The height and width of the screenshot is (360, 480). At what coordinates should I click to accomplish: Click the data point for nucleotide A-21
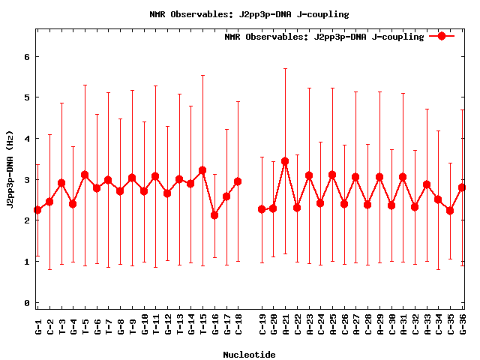[285, 161]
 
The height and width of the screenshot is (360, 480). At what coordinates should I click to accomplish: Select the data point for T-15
[202, 170]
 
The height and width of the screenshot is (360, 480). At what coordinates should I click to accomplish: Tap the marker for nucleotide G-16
[214, 215]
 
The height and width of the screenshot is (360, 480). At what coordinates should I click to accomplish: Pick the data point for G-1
[37, 210]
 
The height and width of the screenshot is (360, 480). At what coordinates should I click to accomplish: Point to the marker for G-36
[462, 187]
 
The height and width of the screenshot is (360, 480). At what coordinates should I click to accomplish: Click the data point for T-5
[85, 175]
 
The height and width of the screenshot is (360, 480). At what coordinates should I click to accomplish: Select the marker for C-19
[262, 209]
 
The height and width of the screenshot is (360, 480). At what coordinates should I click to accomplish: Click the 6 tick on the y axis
[27, 56]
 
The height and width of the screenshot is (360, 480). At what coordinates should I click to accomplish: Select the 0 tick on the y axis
[27, 303]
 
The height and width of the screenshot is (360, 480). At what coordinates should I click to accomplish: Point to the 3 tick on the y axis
[27, 180]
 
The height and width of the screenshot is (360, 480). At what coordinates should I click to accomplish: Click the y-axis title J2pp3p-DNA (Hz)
[10, 180]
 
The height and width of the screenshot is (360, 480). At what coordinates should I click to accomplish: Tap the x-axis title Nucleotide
[249, 354]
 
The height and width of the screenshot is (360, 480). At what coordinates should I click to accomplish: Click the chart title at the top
[249, 14]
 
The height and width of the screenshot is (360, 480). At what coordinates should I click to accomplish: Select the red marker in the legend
[442, 36]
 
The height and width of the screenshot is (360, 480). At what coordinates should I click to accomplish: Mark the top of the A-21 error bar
[285, 68]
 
